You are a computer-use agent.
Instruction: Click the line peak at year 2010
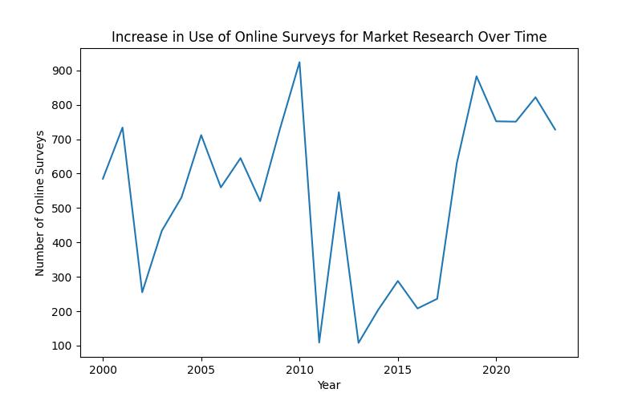[x=299, y=62]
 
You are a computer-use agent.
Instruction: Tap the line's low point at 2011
[x=319, y=342]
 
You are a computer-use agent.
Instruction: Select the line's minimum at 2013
[x=359, y=343]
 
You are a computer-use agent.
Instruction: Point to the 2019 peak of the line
[x=477, y=76]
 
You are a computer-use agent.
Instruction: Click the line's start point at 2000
[x=103, y=179]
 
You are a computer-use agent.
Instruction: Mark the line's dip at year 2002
[x=142, y=292]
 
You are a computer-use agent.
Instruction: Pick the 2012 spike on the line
[x=339, y=192]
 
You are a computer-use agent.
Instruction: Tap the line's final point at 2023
[x=555, y=129]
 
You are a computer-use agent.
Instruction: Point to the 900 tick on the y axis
[x=63, y=71]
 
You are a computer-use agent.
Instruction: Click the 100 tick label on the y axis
[x=63, y=346]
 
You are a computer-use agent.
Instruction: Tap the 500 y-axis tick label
[x=63, y=209]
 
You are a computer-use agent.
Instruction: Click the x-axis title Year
[x=328, y=385]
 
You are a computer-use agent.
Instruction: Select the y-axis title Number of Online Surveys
[x=40, y=203]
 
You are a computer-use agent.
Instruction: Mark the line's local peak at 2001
[x=122, y=128]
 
